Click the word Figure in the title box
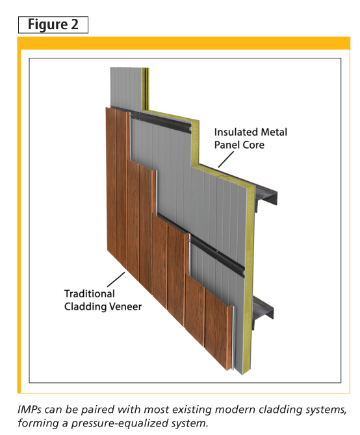[x=47, y=25]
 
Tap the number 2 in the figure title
[x=75, y=24]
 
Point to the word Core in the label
[x=253, y=145]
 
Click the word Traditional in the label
[x=90, y=293]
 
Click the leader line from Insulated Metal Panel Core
[x=226, y=160]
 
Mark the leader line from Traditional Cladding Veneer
[x=116, y=279]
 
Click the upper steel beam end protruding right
[x=266, y=196]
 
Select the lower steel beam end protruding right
[x=264, y=308]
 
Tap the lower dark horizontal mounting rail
[x=217, y=253]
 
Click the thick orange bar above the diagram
[x=184, y=43]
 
